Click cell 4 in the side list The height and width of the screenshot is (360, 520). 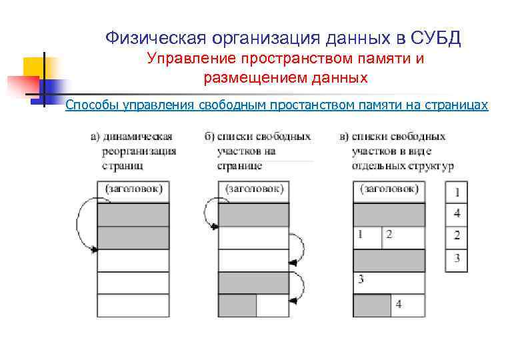(457, 215)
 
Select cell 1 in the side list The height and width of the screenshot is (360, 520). (457, 193)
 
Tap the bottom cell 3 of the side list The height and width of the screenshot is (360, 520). (457, 259)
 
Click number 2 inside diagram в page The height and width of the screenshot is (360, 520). (389, 235)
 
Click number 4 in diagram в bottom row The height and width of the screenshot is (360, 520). (399, 305)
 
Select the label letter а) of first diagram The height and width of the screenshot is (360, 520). (95, 137)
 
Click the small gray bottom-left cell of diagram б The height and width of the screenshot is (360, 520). (237, 305)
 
